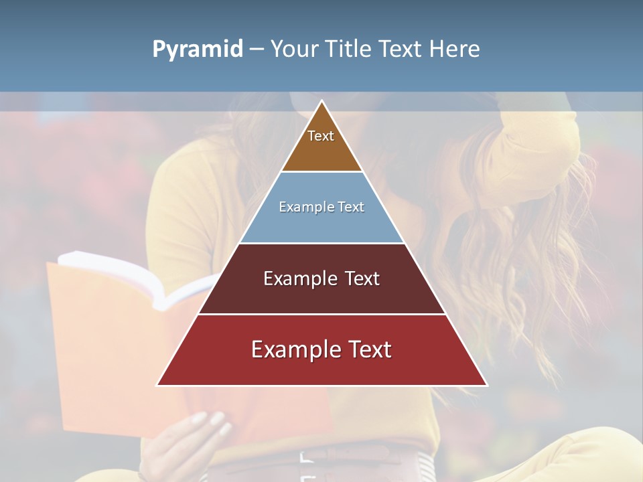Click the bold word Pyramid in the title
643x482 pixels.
click(x=197, y=50)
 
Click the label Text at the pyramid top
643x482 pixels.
click(x=321, y=136)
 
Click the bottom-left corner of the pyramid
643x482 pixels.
click(x=158, y=385)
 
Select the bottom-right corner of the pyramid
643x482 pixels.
click(x=486, y=385)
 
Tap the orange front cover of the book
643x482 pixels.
click(x=100, y=348)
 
